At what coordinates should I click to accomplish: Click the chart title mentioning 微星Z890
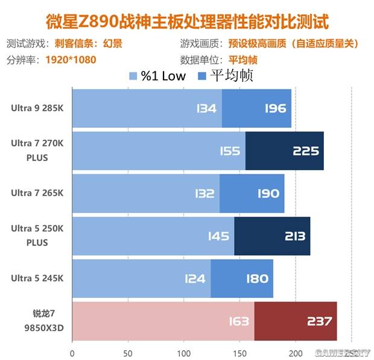pos(187,23)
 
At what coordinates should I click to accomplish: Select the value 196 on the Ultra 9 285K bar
pos(275,109)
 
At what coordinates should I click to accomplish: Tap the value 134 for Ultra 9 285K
pos(206,109)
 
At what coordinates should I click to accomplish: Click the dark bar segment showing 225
pos(285,151)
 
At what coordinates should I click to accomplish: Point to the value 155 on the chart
pos(229,151)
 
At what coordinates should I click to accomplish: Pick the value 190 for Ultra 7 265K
pos(268,194)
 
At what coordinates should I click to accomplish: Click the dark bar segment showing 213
pos(273,236)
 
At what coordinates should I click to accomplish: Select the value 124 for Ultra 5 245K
pos(195,279)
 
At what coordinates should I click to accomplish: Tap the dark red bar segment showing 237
pos(296,321)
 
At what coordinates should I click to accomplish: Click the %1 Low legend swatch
pos(134,77)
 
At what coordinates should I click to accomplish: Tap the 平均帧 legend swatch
pos(201,77)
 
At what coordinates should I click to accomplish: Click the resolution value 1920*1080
pos(71,60)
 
